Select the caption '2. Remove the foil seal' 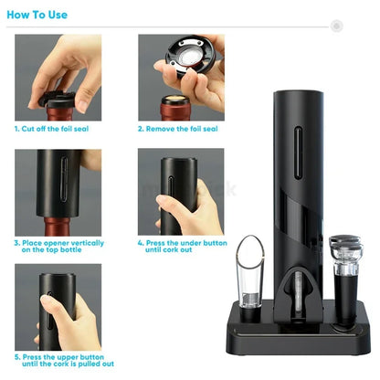tap(178, 129)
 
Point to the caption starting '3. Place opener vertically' tap(58, 247)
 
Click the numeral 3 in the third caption tap(17, 243)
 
